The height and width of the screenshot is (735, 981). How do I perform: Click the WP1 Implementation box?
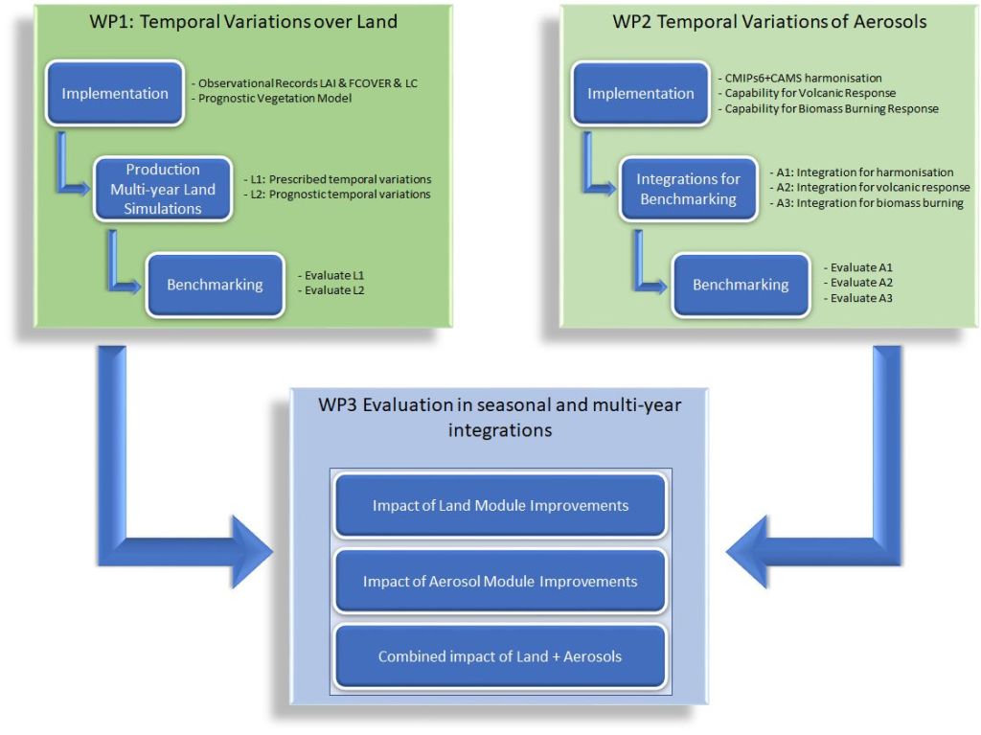point(115,93)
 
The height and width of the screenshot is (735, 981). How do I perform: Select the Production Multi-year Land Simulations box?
point(163,189)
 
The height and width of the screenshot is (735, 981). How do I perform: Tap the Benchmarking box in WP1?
point(215,285)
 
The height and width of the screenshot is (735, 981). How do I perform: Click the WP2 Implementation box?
point(641,93)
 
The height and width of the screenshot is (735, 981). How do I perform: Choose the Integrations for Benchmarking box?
point(688,189)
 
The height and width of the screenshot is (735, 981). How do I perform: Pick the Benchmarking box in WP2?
point(741,285)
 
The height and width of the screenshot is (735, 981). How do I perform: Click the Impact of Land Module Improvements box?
point(500,505)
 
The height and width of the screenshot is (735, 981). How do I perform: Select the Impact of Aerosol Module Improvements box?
point(500,581)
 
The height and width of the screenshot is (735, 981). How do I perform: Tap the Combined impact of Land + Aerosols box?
point(500,656)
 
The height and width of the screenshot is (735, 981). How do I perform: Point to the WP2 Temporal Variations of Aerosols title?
point(769,21)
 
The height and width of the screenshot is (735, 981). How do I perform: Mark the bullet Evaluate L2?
point(331,290)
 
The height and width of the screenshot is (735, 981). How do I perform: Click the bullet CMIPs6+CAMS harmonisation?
point(800,78)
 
